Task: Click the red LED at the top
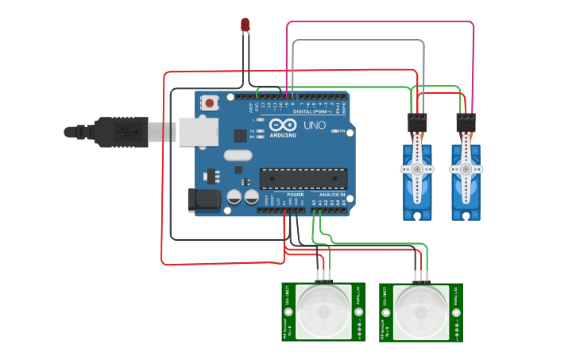pos(245,25)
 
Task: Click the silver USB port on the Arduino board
pos(198,132)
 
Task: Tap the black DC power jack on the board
pos(203,199)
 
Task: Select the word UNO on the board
pos(315,126)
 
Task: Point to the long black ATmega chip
pos(303,179)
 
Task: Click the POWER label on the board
pos(295,195)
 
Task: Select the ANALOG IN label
pos(332,195)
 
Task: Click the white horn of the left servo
pos(417,168)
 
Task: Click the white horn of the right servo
pos(466,168)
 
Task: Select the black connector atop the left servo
pos(417,123)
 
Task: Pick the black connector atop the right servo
pos(466,123)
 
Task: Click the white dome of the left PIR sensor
pos(323,312)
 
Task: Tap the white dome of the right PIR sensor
pos(421,312)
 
